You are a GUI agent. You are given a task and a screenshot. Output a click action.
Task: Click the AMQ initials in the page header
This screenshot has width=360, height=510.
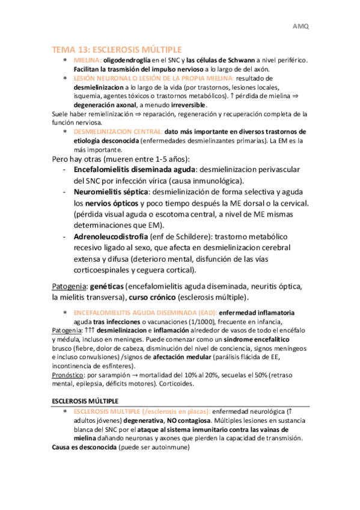300,26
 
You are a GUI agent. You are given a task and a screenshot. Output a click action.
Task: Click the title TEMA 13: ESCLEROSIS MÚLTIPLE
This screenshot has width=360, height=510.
117,49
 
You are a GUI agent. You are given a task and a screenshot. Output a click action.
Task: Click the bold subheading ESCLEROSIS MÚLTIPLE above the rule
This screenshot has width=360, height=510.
85,401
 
